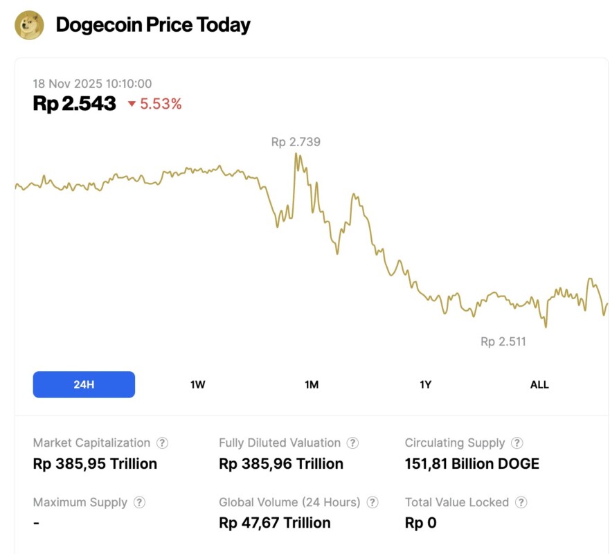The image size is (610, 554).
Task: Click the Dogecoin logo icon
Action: (x=29, y=26)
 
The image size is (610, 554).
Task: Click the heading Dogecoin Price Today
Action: (x=153, y=26)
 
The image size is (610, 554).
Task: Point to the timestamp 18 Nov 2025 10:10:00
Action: (x=92, y=84)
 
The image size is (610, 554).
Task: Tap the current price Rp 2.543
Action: (x=74, y=104)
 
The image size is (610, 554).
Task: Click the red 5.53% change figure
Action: (x=161, y=105)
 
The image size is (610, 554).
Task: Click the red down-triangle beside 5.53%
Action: (x=132, y=105)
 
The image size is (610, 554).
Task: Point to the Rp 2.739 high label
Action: (x=296, y=142)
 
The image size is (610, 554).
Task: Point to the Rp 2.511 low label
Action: (x=503, y=341)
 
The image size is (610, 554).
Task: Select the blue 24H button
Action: (x=84, y=384)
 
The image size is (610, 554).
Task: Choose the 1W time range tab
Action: (x=198, y=384)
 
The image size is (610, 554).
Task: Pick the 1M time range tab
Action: (x=312, y=384)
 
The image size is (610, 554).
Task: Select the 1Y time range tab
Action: (x=426, y=384)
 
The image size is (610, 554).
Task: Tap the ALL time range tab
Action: (x=539, y=384)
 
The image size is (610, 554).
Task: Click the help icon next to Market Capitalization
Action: (x=162, y=443)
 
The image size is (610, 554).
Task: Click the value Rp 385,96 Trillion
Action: (x=281, y=464)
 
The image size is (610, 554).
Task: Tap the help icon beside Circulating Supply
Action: (x=517, y=443)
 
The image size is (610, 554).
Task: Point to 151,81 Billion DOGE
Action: (x=472, y=464)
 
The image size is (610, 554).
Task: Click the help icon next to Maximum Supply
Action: (x=139, y=503)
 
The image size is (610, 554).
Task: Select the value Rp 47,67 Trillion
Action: (x=274, y=523)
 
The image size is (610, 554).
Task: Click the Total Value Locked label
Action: (x=457, y=503)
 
